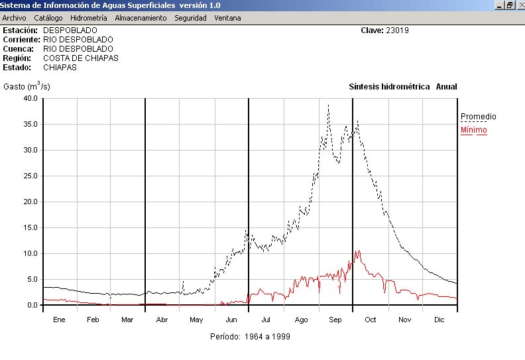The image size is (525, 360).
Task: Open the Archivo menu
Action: [14, 18]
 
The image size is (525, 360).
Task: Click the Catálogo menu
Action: [48, 18]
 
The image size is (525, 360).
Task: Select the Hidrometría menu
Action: [88, 18]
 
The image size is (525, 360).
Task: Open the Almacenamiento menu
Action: [141, 18]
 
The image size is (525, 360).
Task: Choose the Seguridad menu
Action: [190, 18]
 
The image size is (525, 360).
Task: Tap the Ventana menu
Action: [227, 18]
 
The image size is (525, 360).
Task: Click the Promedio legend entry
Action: [478, 117]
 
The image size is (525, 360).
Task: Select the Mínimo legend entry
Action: [473, 130]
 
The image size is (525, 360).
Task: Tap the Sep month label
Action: [335, 320]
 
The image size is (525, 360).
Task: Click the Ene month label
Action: [59, 320]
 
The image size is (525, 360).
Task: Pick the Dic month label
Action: [439, 320]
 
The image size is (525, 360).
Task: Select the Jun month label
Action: [232, 320]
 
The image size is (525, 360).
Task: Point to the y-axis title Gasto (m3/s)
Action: [27, 87]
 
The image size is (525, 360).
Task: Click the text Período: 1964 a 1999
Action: [250, 336]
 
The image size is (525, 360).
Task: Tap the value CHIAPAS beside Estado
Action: [60, 68]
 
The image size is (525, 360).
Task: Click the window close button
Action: [519, 5]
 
